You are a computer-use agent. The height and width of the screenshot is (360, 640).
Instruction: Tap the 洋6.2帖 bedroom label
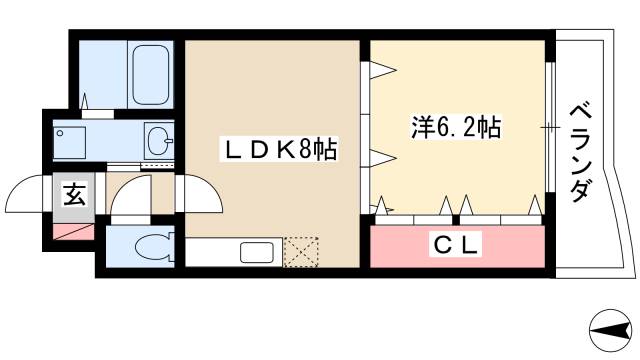pos(456,128)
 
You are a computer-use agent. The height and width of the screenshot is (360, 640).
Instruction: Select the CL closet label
pos(458,243)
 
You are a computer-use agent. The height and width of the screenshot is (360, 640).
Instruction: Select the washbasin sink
pos(159,140)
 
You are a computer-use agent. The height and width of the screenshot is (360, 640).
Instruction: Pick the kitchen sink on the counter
pos(255,253)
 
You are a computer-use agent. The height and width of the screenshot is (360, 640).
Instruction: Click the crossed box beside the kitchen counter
pos(300,252)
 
